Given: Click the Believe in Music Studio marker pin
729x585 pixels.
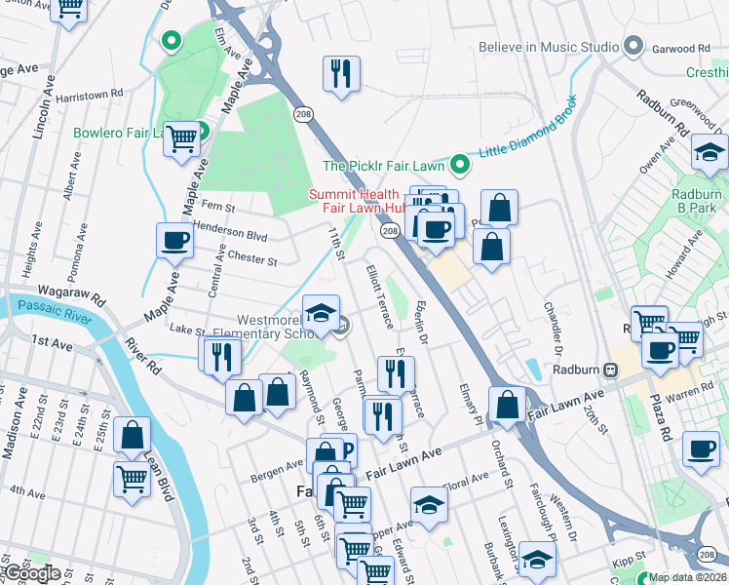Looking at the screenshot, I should (634, 47).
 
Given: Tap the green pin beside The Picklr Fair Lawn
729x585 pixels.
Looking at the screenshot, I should (458, 164).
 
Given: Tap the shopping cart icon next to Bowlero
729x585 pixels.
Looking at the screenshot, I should (181, 139).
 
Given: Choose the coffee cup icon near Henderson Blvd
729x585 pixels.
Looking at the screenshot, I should (174, 241).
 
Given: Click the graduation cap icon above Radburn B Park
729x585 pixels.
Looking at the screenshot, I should (710, 152).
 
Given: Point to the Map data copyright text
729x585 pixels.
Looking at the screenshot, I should (688, 577).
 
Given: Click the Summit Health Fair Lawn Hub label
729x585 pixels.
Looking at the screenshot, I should (357, 201).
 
